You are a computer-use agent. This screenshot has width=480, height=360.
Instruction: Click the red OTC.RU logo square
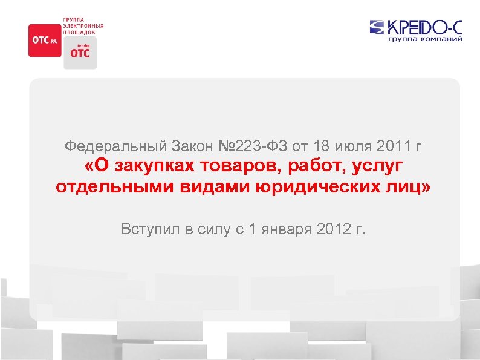click(x=44, y=40)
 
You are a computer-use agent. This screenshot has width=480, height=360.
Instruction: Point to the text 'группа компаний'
click(x=425, y=39)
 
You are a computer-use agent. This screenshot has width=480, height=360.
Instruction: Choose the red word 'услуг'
click(x=375, y=166)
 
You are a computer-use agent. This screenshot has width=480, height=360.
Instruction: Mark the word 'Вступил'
click(x=144, y=229)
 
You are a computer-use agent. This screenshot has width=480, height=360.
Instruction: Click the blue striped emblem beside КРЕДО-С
click(x=376, y=27)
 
